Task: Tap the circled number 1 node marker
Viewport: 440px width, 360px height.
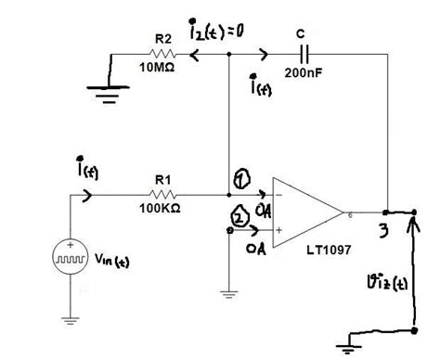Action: coord(239,179)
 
